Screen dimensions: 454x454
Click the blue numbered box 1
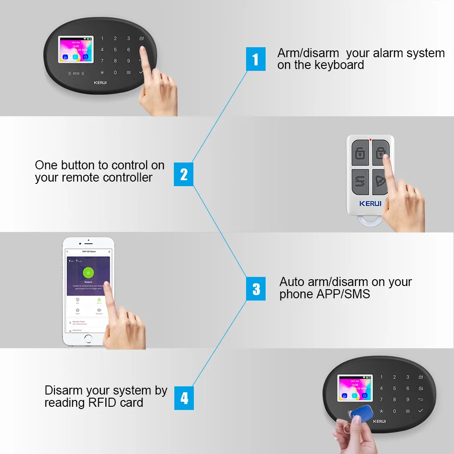[256, 59]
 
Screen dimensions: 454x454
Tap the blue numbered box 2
[183, 174]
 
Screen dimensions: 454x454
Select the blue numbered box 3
[256, 289]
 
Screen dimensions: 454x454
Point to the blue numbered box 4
[184, 398]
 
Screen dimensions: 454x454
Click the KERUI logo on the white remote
[370, 203]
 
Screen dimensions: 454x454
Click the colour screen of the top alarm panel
[76, 50]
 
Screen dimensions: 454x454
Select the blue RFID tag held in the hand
[361, 414]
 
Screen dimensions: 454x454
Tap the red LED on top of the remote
[371, 140]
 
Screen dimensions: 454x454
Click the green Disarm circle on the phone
[88, 273]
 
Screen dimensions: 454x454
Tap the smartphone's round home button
[88, 338]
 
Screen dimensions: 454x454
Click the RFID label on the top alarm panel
[76, 73]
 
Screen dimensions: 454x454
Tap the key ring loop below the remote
[370, 222]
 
